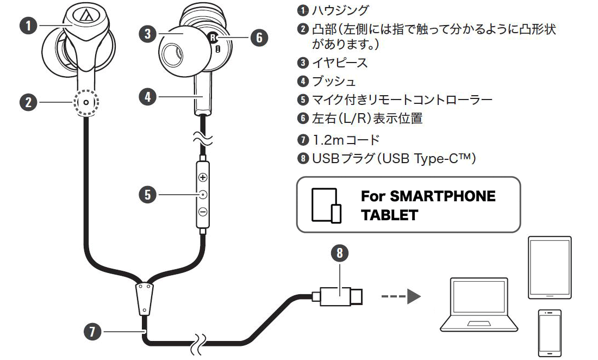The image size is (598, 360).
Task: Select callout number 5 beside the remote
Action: (147, 194)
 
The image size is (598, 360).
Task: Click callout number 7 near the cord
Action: (92, 331)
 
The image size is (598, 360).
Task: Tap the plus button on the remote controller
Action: (203, 177)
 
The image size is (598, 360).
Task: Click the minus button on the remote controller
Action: (203, 212)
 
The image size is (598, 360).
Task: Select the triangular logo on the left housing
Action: (84, 16)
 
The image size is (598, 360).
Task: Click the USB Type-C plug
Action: (341, 296)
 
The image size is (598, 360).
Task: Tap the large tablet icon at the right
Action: (550, 267)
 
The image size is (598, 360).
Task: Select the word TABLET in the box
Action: (389, 215)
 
